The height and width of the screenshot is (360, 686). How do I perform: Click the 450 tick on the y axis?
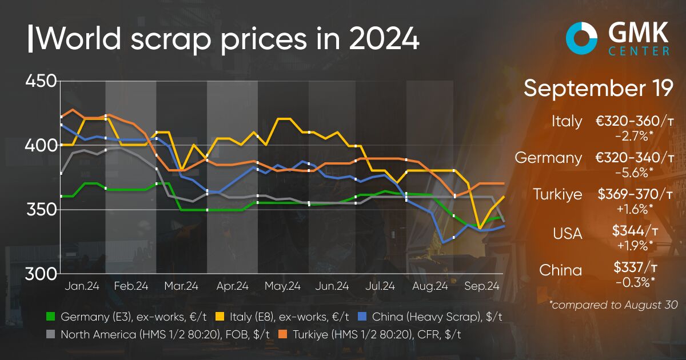pos(40,81)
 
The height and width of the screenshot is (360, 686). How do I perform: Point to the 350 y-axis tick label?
pos(40,210)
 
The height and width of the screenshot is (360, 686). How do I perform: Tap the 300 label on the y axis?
pos(40,274)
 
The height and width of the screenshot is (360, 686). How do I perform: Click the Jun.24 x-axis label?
pos(332,286)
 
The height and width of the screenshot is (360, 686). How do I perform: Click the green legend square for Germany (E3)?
pos(50,316)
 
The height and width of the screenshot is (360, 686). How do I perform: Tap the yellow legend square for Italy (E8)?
pos(220,316)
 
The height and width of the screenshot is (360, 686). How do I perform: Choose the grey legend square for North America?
pos(50,334)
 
